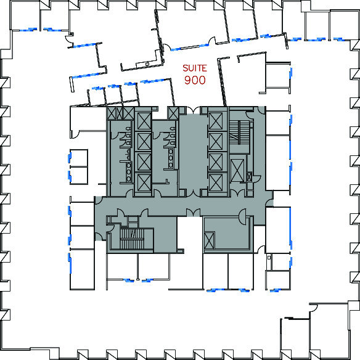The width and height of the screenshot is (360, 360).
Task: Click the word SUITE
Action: (x=195, y=68)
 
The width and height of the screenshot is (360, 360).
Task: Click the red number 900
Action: (x=195, y=80)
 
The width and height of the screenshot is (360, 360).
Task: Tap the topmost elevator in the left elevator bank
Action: (x=144, y=121)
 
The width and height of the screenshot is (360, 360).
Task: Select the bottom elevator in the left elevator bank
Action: (x=144, y=182)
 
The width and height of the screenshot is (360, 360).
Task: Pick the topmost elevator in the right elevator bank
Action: (x=216, y=121)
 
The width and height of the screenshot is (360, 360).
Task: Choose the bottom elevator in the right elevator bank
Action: (x=216, y=182)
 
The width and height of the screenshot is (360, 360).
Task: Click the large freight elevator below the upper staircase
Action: (x=237, y=170)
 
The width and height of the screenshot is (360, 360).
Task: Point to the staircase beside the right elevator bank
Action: (x=239, y=133)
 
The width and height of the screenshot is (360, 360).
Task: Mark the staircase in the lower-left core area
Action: (x=132, y=239)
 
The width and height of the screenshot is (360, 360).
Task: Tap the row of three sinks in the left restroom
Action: (x=129, y=172)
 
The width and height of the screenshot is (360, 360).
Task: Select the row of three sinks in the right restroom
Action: (x=171, y=158)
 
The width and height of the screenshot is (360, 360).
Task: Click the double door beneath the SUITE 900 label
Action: (x=193, y=111)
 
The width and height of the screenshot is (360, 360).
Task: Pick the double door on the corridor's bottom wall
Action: (x=193, y=212)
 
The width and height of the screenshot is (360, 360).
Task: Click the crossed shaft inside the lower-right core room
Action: (x=209, y=240)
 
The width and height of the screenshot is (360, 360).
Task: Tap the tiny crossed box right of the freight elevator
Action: (x=249, y=177)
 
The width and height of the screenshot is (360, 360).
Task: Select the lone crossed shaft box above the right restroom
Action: (x=173, y=113)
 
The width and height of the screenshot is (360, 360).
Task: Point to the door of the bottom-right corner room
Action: (x=313, y=308)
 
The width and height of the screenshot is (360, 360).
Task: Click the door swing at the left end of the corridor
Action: (x=99, y=200)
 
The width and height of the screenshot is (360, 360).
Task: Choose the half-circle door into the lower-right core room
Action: (x=242, y=217)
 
